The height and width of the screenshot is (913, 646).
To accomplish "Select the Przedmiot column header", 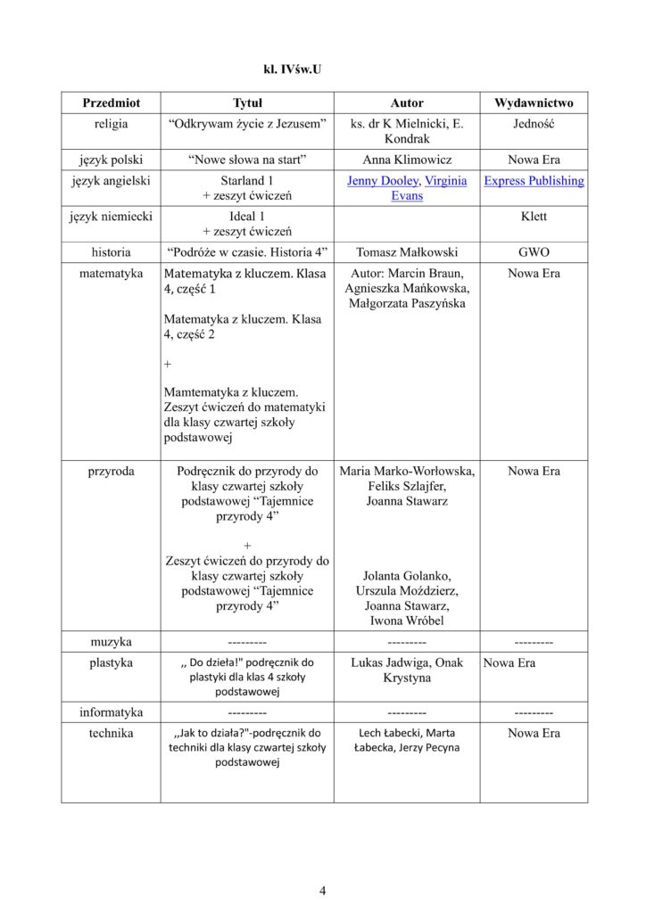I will pyautogui.click(x=112, y=103).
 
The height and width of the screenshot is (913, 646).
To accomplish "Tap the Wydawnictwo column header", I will pyautogui.click(x=534, y=103).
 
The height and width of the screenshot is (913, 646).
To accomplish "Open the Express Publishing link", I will pyautogui.click(x=534, y=180).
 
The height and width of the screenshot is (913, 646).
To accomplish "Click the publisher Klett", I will pyautogui.click(x=534, y=216).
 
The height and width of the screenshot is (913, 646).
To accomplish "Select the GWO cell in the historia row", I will pyautogui.click(x=534, y=251).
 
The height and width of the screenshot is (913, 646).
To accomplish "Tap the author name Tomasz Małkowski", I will pyautogui.click(x=407, y=251).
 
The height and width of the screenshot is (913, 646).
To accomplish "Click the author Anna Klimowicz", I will pyautogui.click(x=407, y=160).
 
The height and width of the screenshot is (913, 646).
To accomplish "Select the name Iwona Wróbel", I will pyautogui.click(x=407, y=621).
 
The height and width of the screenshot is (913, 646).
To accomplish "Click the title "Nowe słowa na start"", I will pyautogui.click(x=248, y=160).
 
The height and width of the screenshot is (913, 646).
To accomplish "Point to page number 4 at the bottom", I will pyautogui.click(x=323, y=889).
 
